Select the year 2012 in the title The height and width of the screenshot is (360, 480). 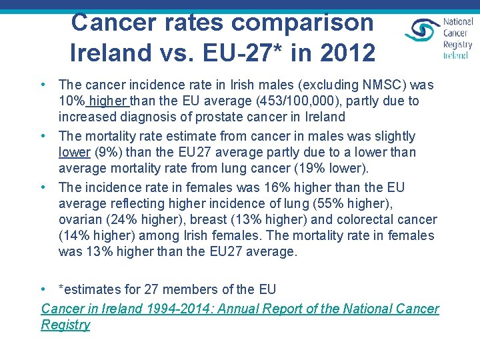[345, 52]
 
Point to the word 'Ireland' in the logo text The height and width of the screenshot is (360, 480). [456, 55]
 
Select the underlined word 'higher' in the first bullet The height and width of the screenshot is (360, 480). [108, 101]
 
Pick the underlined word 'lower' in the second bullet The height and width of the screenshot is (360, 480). [75, 152]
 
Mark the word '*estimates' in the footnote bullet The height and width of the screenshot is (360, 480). [90, 289]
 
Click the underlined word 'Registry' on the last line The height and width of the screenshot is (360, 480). [65, 325]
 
